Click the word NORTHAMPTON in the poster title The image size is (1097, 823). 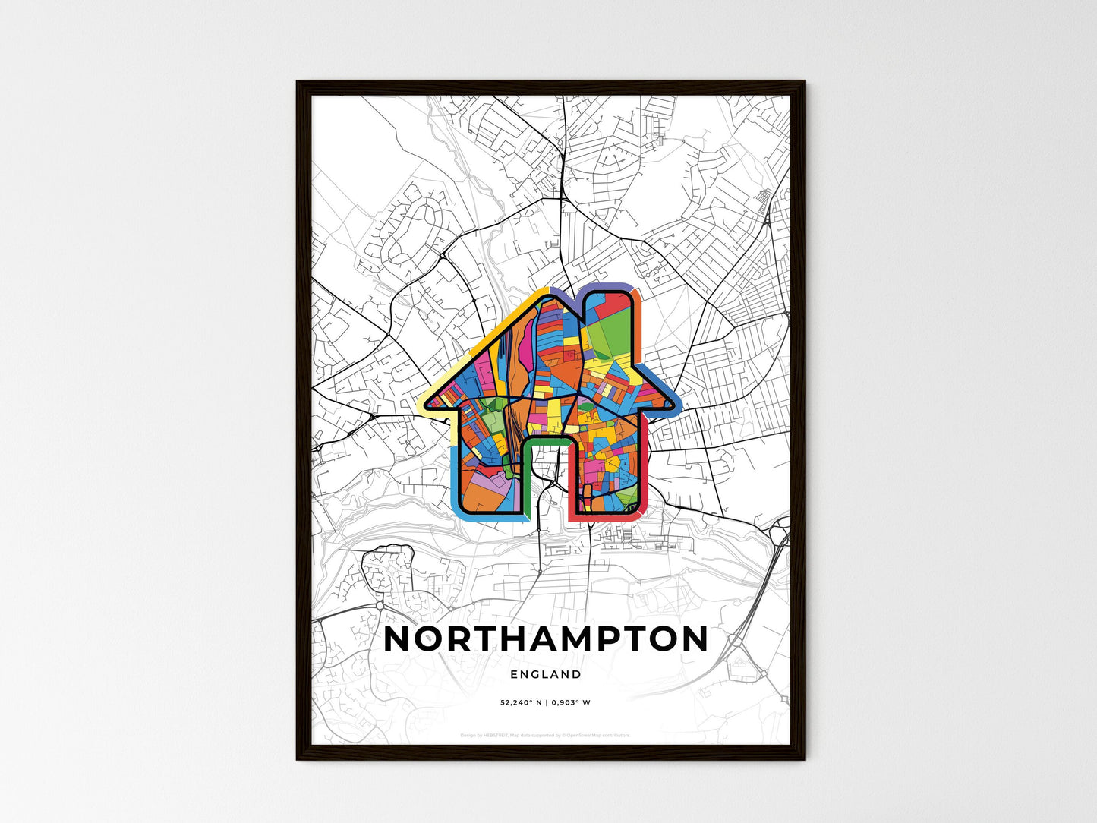point(546,639)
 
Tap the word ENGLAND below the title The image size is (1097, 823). point(546,674)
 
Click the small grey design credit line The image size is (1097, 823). point(545,735)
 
